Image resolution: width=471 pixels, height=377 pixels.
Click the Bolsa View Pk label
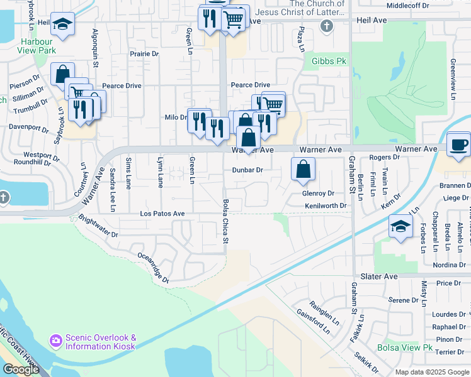(405, 347)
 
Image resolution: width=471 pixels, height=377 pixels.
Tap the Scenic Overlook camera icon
(55, 341)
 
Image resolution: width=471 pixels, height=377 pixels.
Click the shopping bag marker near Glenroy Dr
(304, 168)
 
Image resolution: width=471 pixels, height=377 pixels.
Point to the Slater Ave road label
(379, 276)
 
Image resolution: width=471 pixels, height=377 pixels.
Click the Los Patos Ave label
(162, 214)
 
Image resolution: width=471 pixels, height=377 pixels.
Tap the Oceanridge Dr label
(153, 268)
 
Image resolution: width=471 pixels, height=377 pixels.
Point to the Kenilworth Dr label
(326, 205)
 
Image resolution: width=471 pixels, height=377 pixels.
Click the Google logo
(21, 369)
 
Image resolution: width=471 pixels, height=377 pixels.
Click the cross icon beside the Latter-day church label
(326, 26)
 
